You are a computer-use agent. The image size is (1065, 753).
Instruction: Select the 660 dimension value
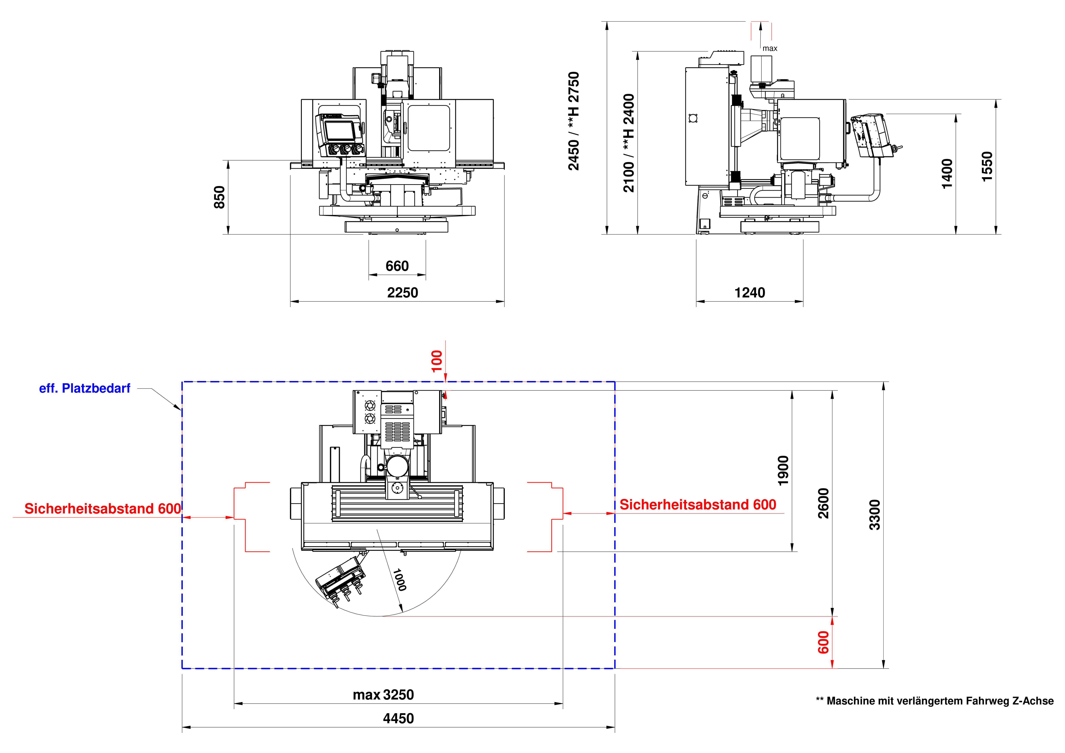397,266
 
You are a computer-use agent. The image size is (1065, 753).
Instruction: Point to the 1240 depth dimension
750,293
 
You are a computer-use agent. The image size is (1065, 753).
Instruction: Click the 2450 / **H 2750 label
574,121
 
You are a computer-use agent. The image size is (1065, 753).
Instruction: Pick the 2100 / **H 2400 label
629,143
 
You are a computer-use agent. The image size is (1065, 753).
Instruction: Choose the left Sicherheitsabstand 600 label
103,509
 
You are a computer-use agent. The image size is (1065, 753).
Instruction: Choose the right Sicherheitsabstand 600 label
698,504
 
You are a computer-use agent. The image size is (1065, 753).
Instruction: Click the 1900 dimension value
783,471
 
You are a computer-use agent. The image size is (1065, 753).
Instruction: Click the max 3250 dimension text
383,695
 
